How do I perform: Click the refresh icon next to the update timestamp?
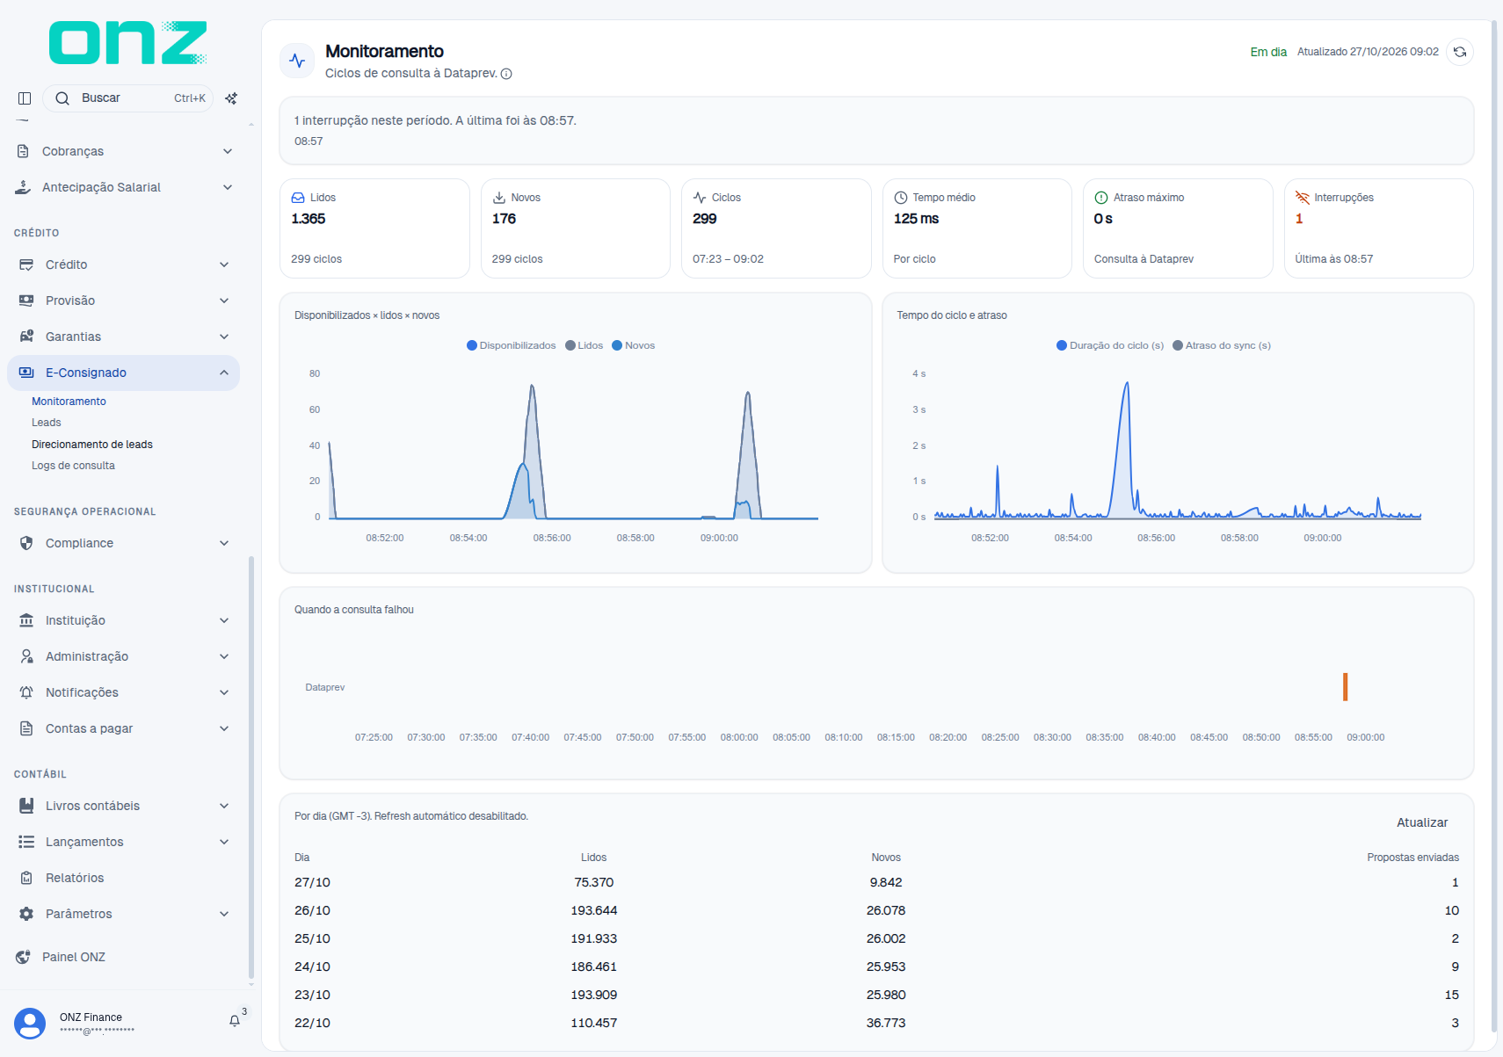click(1459, 52)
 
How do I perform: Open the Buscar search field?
click(128, 98)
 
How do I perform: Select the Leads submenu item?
click(47, 423)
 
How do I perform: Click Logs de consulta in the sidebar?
click(73, 466)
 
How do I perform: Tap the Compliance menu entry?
click(79, 543)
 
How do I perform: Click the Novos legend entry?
click(634, 345)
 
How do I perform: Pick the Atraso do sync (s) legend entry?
click(1221, 345)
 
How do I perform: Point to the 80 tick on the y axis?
click(315, 373)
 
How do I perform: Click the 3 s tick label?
click(918, 409)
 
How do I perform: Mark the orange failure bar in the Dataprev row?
click(1346, 687)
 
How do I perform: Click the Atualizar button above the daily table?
click(1422, 822)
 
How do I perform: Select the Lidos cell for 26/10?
click(594, 910)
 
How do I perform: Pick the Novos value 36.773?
click(886, 1023)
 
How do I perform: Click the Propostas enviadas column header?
click(1413, 858)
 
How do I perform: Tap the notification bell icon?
click(234, 1021)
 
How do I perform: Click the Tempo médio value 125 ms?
click(916, 219)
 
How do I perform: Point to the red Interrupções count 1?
click(1299, 219)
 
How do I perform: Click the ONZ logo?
click(127, 42)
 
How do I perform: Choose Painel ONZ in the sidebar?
click(73, 957)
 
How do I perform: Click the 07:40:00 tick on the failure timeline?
click(530, 737)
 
